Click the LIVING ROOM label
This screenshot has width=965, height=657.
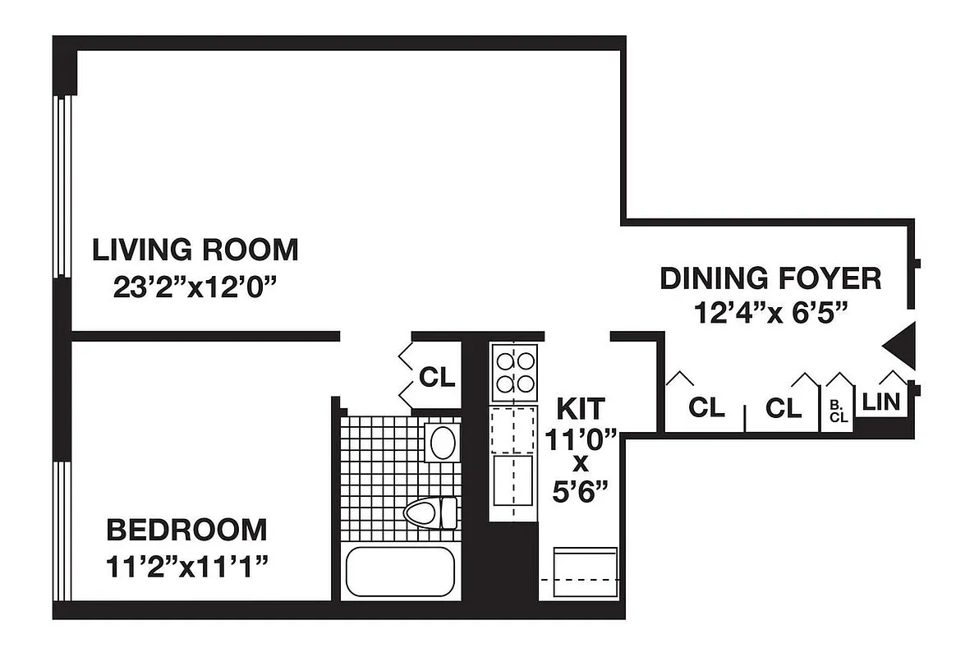click(195, 249)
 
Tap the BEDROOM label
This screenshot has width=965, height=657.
click(186, 530)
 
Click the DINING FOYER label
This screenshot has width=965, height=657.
click(770, 278)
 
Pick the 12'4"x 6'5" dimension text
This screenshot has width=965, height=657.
click(770, 314)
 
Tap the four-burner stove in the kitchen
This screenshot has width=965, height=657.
click(514, 372)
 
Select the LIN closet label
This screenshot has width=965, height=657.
click(881, 403)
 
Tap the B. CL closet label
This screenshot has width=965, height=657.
click(839, 411)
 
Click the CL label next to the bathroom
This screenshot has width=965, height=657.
click(436, 377)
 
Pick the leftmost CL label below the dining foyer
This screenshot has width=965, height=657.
click(706, 407)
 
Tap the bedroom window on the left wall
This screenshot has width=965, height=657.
click(62, 530)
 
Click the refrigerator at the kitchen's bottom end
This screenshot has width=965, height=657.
click(586, 572)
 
